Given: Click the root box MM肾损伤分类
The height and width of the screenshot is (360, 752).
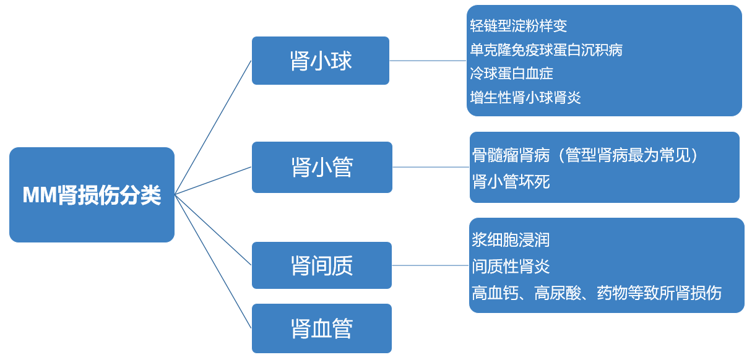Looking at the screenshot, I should (92, 195).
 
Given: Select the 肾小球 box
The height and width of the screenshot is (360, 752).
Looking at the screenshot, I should (320, 61).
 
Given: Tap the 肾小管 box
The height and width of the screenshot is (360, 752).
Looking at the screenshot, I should (322, 167).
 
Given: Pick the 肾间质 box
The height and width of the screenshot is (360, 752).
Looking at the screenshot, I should (322, 265).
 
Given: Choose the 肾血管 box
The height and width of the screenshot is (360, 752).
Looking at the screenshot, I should (322, 328).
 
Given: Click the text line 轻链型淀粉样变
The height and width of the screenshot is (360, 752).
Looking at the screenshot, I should (518, 26).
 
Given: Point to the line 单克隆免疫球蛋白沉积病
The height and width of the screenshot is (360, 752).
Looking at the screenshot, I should (546, 50).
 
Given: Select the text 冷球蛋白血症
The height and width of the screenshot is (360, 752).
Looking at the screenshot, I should (511, 74).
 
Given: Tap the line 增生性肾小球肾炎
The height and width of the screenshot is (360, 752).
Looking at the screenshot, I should (525, 97).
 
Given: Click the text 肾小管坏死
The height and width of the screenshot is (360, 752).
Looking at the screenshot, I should (511, 182).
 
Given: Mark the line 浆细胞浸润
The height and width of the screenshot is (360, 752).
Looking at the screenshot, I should (511, 240).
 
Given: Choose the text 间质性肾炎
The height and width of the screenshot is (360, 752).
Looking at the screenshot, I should (511, 267).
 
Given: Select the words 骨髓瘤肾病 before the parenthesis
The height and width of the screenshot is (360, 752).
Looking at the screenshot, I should (511, 155).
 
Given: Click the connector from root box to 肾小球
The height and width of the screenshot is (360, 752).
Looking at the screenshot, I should (214, 126).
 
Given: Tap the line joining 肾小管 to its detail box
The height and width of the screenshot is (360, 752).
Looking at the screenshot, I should (431, 167).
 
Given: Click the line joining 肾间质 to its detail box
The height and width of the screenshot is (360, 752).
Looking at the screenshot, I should (430, 265).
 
